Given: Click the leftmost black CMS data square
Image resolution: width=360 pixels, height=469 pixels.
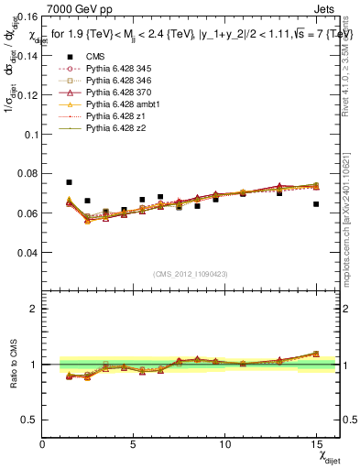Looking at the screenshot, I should coord(69,182).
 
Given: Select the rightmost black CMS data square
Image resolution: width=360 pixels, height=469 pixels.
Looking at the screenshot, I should coord(316,204).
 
